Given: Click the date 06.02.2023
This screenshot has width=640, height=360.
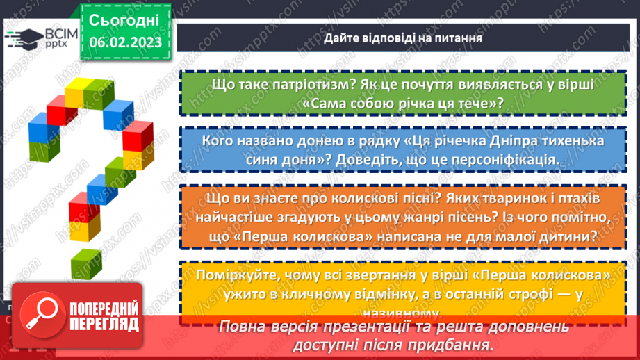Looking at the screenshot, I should [124, 42].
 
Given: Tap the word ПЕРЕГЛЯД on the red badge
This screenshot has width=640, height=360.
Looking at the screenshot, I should [104, 325].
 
